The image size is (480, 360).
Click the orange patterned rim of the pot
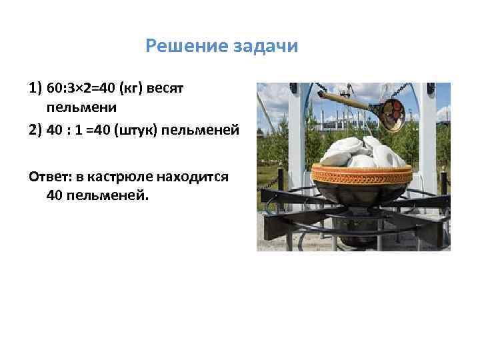click(x=360, y=176)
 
